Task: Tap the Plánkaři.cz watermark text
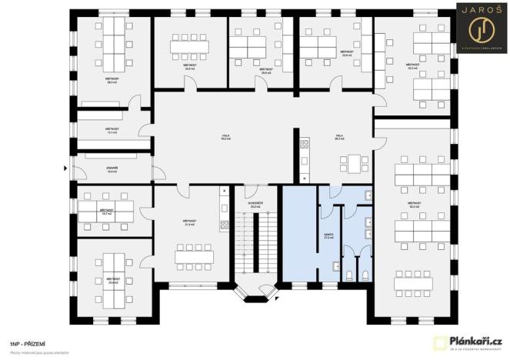click(476, 341)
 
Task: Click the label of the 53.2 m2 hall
click(225, 138)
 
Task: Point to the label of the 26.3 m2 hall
click(338, 138)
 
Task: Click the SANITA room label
click(328, 237)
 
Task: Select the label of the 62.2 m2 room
click(414, 205)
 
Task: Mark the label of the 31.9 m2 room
click(189, 223)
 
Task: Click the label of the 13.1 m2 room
click(112, 130)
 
